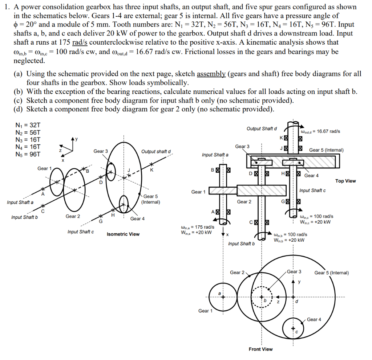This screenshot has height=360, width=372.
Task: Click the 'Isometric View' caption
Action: (123, 234)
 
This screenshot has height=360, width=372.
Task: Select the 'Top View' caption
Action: (345, 181)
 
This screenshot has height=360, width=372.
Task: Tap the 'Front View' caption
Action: (260, 349)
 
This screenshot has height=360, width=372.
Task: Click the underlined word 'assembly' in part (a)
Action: (211, 74)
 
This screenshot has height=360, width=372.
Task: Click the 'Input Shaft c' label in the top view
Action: (312, 191)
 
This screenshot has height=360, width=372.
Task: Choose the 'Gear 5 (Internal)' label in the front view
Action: (331, 273)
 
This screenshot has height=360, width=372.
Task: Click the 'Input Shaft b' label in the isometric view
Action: (24, 217)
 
